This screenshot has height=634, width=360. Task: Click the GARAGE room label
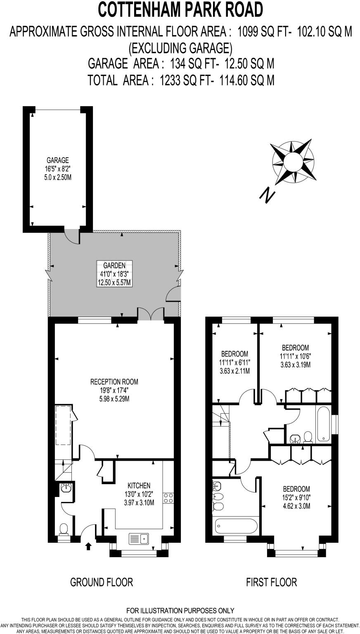tap(57, 160)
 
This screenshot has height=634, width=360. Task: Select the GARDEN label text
tap(114, 267)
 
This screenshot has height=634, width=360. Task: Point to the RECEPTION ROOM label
tap(114, 382)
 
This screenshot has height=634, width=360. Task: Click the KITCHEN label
tap(139, 485)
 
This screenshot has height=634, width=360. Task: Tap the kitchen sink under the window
tap(139, 539)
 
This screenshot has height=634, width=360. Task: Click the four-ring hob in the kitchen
tap(168, 497)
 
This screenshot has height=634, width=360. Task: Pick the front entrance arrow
tap(88, 546)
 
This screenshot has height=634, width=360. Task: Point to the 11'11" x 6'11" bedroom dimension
tap(234, 362)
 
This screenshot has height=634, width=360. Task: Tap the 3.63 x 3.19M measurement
tap(295, 365)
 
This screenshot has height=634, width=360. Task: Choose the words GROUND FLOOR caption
tap(102, 582)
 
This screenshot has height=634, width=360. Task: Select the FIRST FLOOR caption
tap(271, 582)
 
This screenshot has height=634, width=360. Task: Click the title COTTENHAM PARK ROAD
tap(180, 10)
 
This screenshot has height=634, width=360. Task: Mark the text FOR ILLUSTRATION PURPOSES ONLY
tap(180, 610)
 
